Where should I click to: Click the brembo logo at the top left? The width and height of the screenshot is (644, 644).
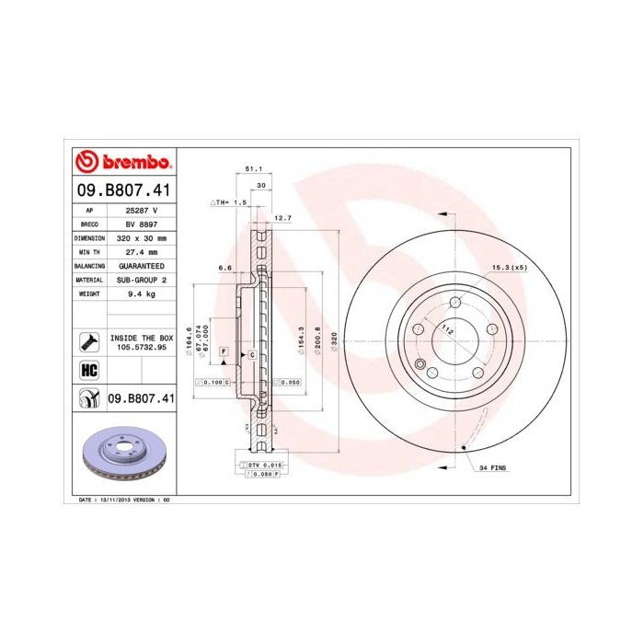pos(123,163)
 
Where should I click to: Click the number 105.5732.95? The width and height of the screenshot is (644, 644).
pos(141,348)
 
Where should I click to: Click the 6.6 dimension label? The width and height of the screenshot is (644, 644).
pos(224,268)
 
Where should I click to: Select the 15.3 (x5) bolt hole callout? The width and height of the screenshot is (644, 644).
pos(508,267)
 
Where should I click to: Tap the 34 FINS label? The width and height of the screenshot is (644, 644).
pos(492,468)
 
